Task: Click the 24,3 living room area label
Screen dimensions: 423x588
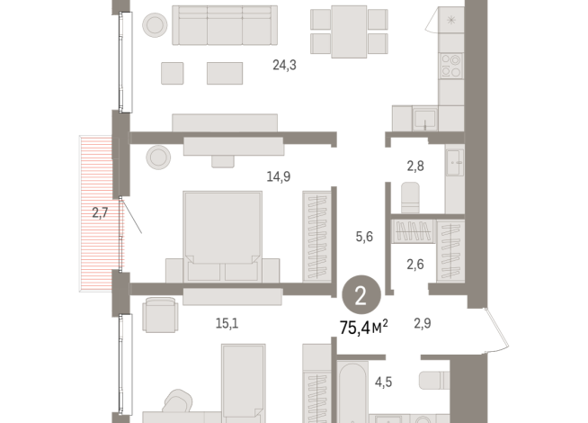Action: point(285,65)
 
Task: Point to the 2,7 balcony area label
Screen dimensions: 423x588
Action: point(100,213)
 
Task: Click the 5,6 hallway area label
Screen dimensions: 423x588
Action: point(365,237)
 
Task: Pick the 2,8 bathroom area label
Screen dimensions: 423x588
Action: point(414,166)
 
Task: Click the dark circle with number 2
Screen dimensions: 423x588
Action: point(361,294)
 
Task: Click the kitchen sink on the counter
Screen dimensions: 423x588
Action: point(425,117)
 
